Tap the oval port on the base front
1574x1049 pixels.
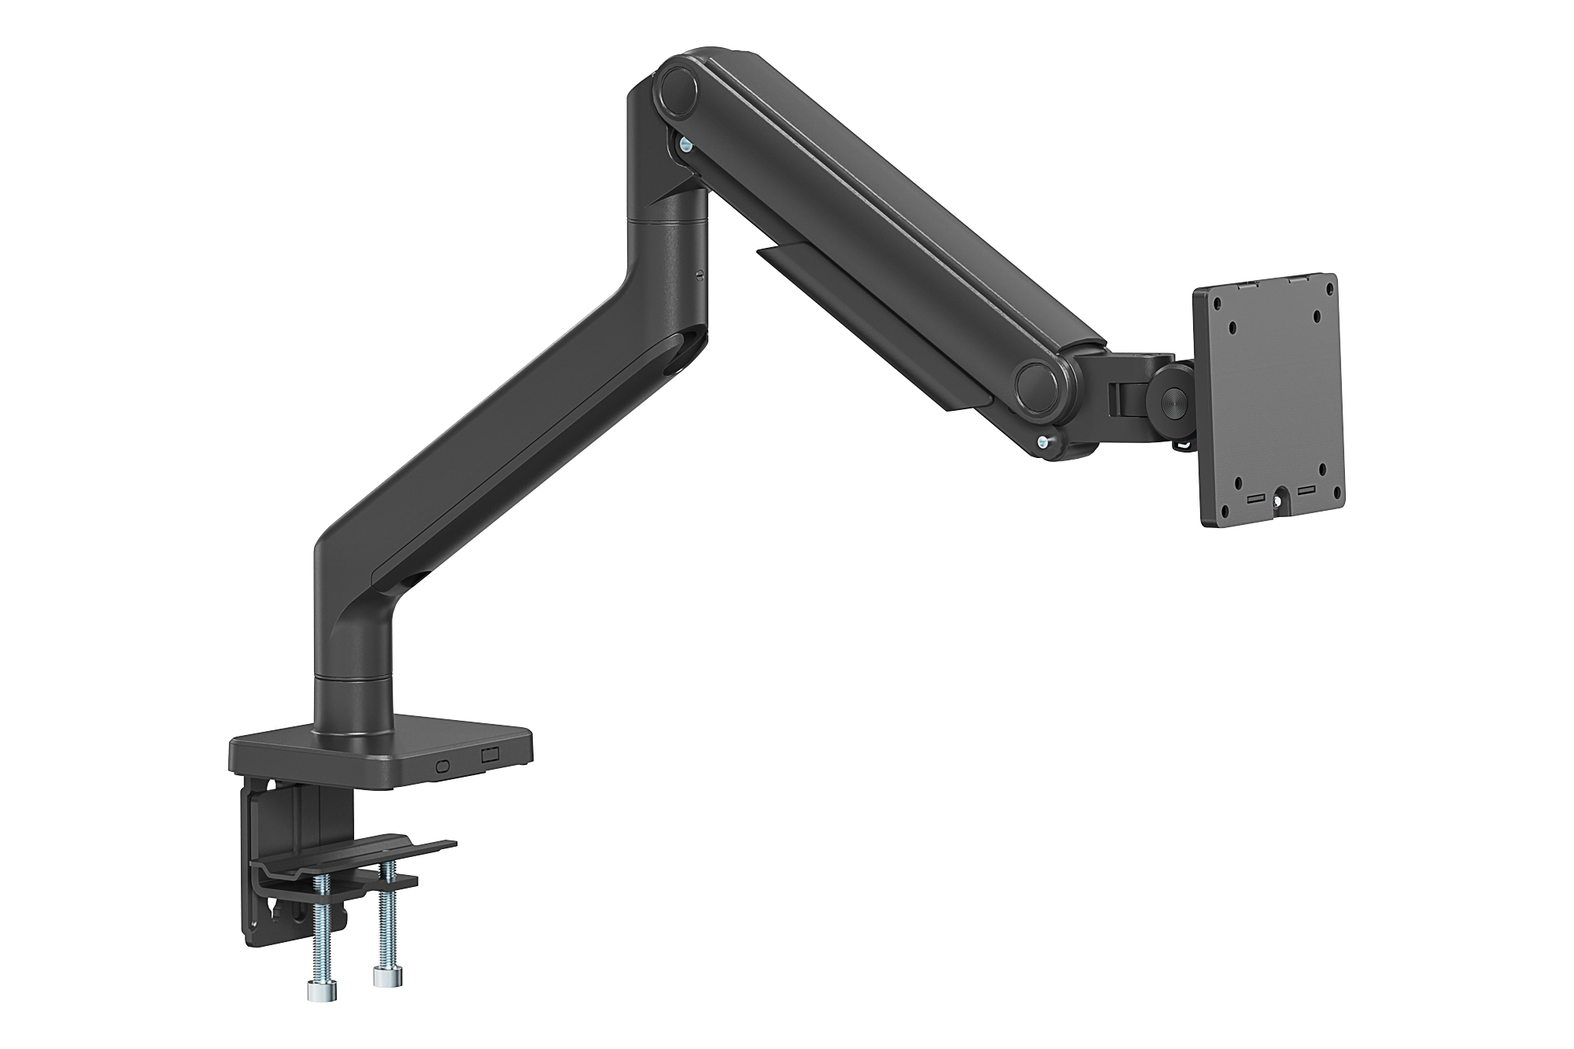[x=443, y=764]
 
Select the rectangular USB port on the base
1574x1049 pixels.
[x=490, y=755]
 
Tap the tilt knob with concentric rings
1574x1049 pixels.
[x=1173, y=398]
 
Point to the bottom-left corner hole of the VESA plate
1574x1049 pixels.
[x=1239, y=485]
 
